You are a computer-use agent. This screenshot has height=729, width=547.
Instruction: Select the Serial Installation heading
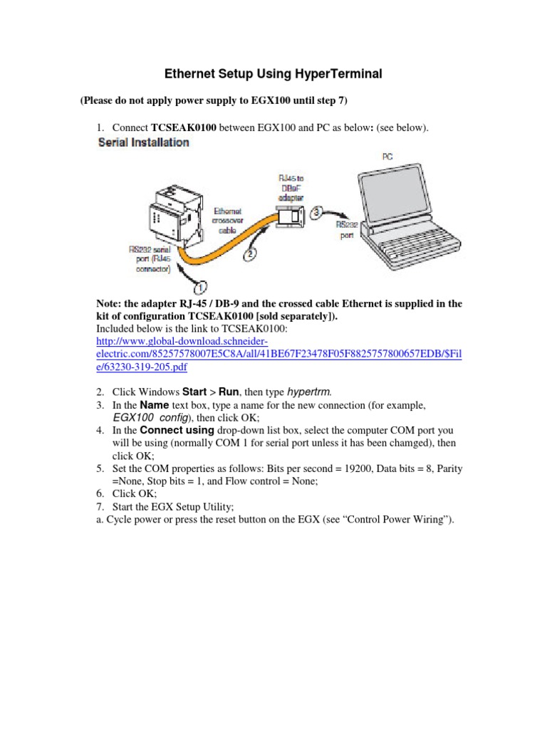coord(142,142)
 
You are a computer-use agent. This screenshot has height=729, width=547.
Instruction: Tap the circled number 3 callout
coord(318,211)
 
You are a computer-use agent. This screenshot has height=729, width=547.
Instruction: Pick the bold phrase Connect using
coord(177,431)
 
